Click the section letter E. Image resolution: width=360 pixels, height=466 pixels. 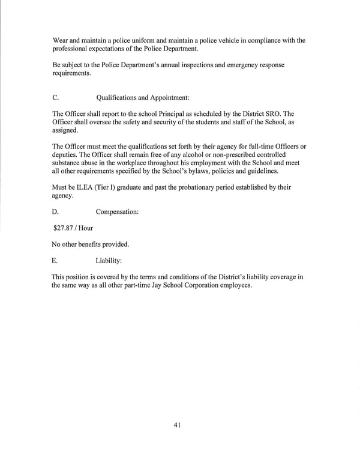click(x=55, y=261)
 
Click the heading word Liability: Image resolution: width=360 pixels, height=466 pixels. click(x=109, y=261)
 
